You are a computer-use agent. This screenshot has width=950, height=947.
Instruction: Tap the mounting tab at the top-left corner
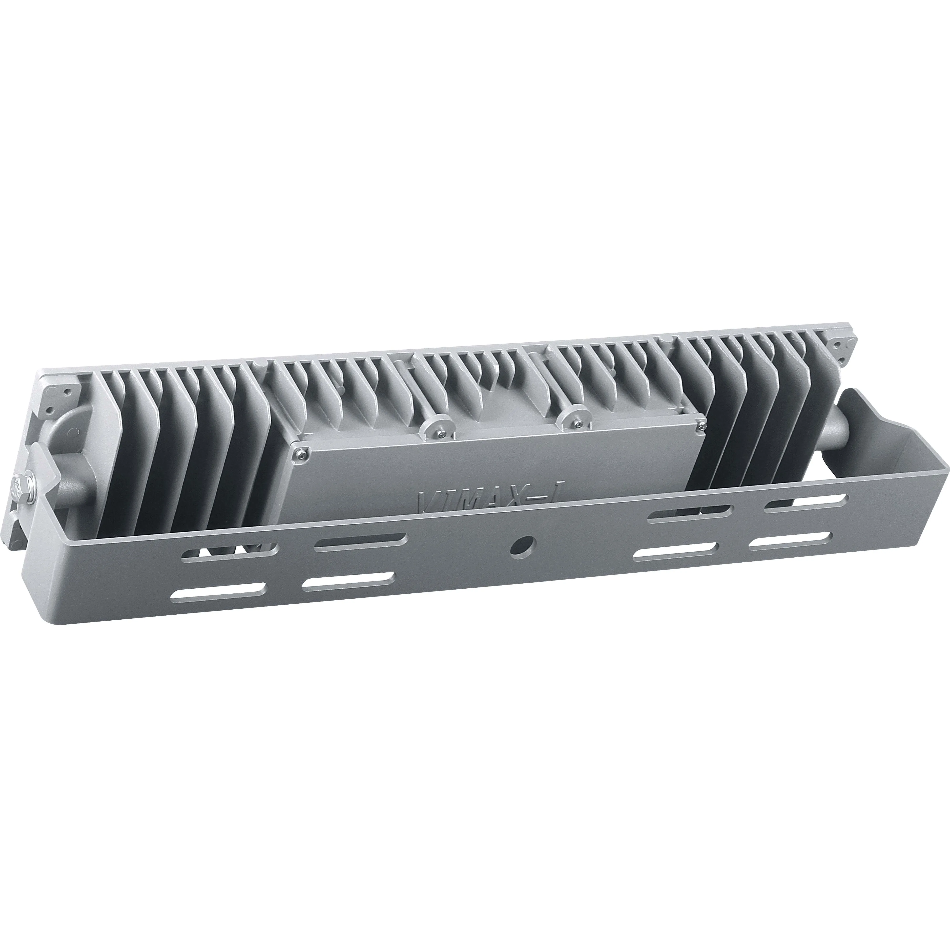tap(59, 393)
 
